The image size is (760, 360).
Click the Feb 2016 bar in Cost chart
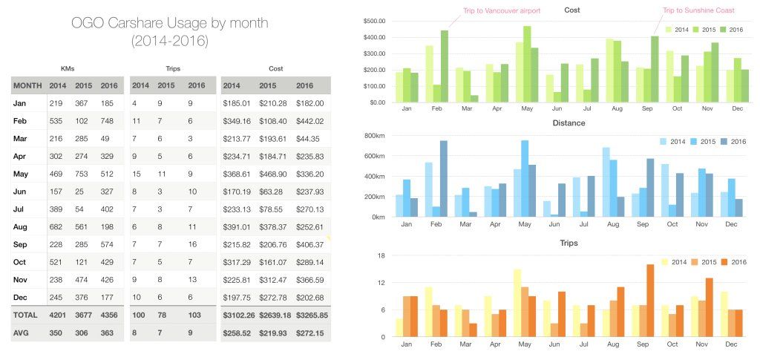pyautogui.click(x=444, y=67)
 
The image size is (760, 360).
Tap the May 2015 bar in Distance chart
pyautogui.click(x=525, y=179)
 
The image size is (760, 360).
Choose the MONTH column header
pyautogui.click(x=27, y=85)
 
